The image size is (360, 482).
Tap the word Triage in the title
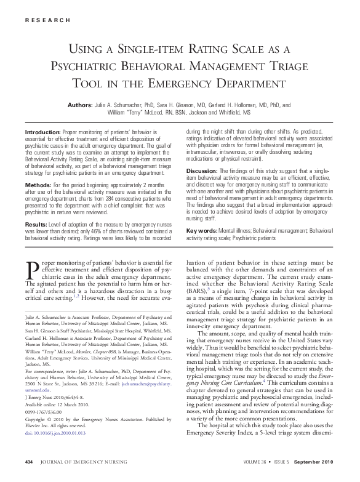(306, 65)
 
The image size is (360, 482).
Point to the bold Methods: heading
(38, 184)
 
